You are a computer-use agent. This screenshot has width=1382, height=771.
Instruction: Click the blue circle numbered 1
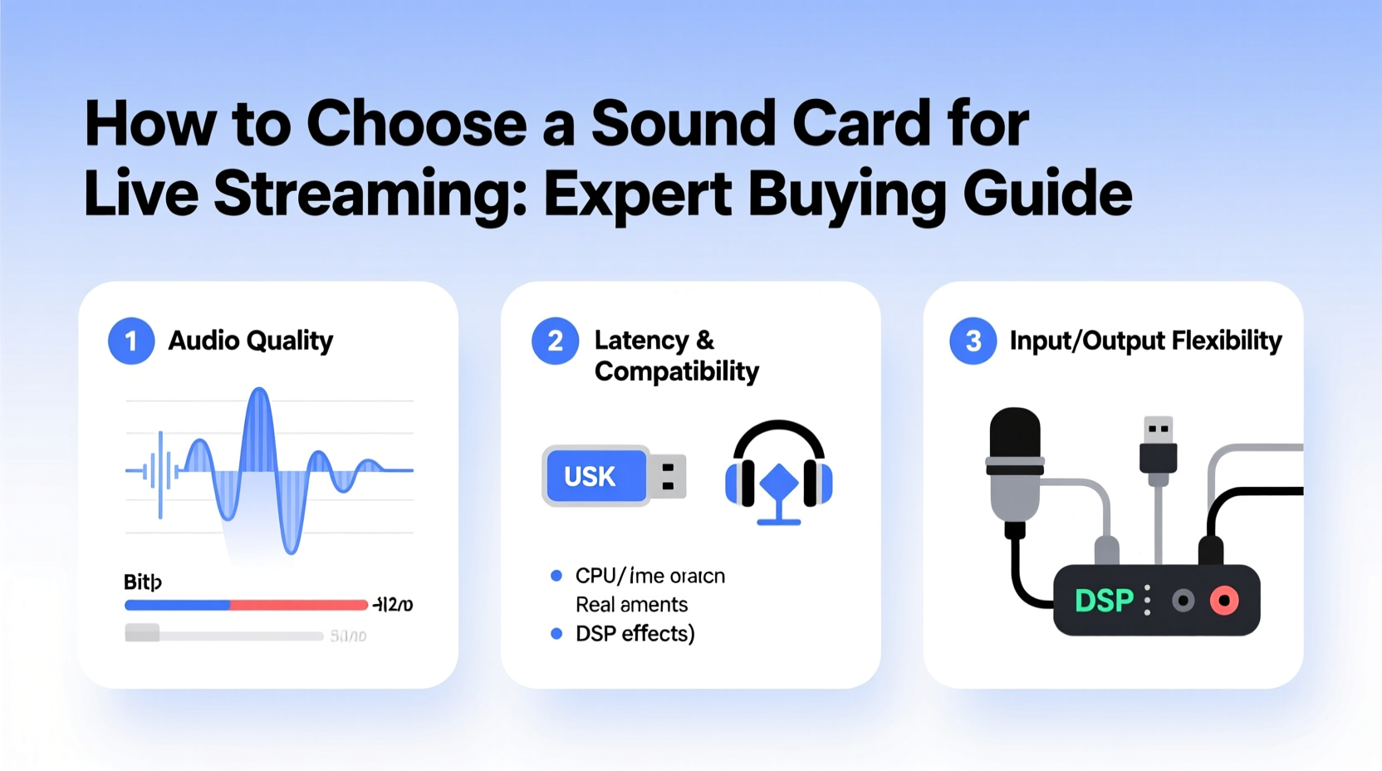(x=131, y=341)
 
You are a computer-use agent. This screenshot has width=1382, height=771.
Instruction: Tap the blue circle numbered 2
(x=555, y=341)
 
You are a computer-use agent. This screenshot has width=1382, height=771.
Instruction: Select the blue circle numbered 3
(x=973, y=341)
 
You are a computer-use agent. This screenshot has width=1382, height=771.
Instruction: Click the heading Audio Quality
(x=250, y=341)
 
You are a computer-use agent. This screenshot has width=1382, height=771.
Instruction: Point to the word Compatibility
(x=676, y=371)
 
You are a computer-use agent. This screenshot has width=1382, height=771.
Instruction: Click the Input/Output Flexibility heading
(x=1145, y=341)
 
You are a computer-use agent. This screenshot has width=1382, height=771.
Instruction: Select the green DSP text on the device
(x=1103, y=601)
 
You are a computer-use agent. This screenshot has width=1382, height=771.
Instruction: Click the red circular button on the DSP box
(x=1224, y=601)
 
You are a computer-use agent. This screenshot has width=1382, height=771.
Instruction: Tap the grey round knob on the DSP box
(x=1183, y=601)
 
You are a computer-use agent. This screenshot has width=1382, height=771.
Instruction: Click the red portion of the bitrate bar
(x=298, y=605)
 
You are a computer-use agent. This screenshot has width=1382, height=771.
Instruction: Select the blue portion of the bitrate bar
(x=177, y=605)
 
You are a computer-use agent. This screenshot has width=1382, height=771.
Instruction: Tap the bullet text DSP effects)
(x=635, y=634)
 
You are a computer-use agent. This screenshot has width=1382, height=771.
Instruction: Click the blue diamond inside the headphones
(x=779, y=483)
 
